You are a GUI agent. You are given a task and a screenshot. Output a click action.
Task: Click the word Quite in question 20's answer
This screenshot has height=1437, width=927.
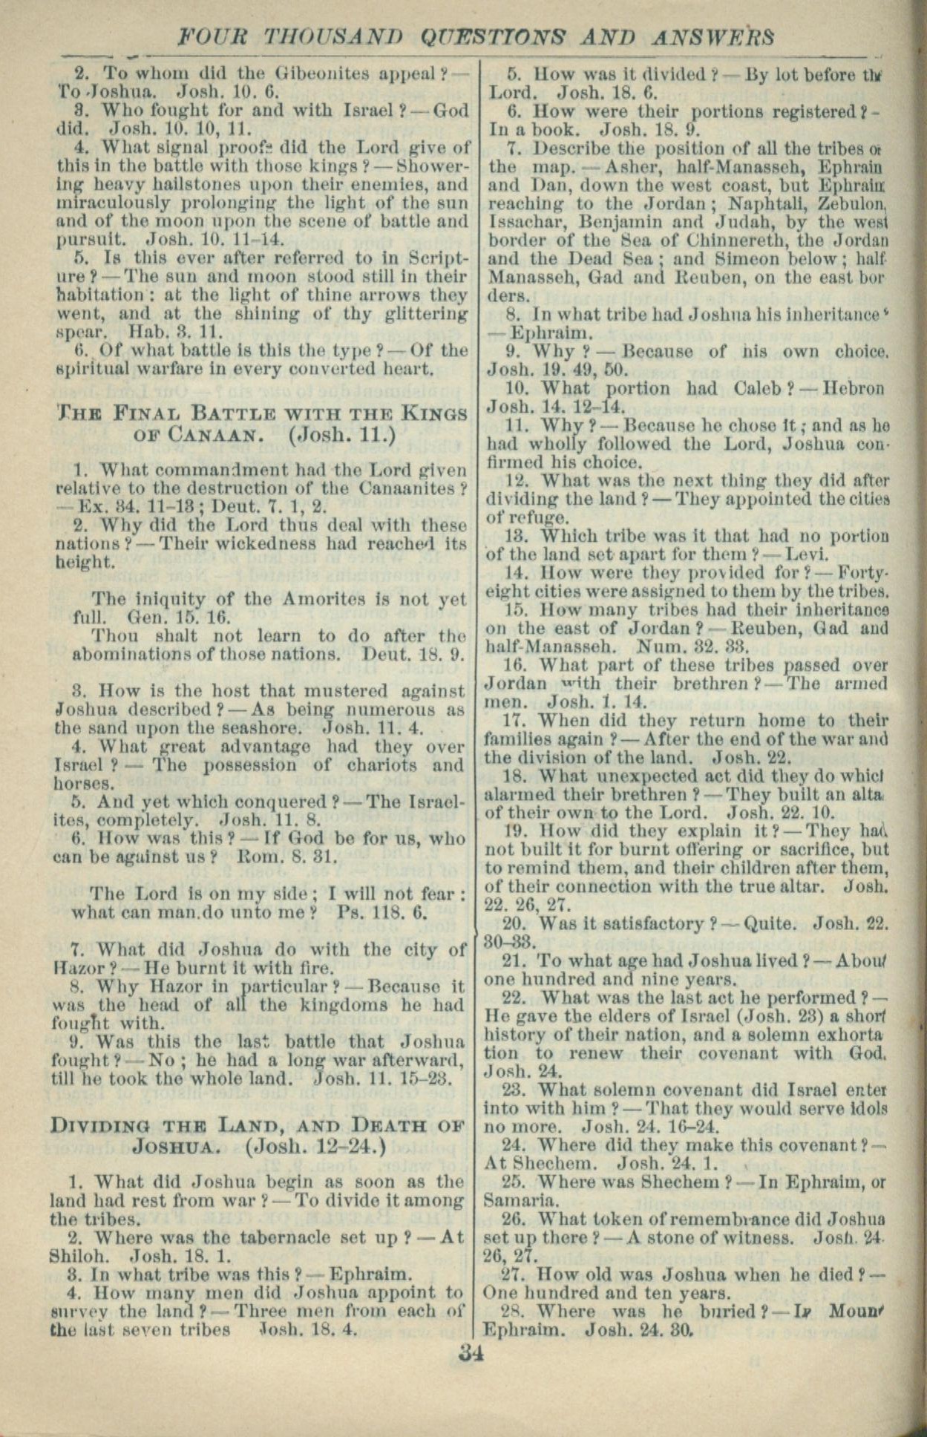pos(770,923)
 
